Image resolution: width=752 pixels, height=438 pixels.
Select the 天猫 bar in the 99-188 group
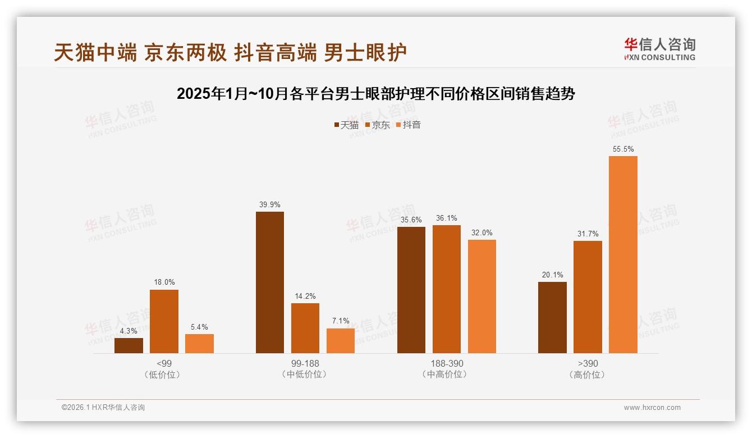(269, 282)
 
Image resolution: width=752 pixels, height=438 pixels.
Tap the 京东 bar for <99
(164, 321)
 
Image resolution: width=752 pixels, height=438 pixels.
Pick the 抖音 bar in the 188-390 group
(482, 296)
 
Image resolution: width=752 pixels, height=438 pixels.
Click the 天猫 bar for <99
(129, 345)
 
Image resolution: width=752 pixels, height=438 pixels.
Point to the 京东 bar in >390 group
(588, 297)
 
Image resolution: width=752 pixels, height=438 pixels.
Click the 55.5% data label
(623, 149)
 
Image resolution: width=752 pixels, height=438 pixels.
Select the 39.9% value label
(269, 204)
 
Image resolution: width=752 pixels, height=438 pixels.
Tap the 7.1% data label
(340, 321)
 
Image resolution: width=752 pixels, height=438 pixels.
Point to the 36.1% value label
(446, 218)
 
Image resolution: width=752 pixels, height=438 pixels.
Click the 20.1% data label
(552, 275)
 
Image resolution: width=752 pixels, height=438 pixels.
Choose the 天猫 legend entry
(346, 125)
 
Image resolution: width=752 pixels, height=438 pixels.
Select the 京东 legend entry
(378, 125)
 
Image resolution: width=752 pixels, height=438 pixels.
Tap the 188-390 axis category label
(447, 364)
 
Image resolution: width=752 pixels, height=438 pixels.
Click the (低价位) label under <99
(164, 375)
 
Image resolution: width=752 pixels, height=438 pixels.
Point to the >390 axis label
(588, 364)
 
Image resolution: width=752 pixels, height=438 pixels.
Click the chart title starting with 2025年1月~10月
(375, 94)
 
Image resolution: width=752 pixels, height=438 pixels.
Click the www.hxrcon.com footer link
(652, 408)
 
